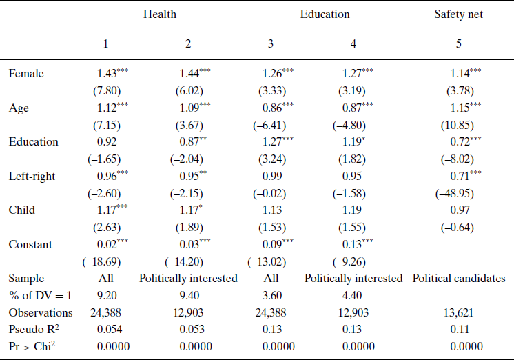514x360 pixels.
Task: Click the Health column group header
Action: pos(160,14)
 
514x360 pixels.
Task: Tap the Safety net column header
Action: pos(458,14)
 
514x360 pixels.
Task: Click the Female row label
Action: pos(24,73)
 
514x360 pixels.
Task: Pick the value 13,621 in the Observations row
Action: pos(458,312)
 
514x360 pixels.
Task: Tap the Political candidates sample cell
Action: pos(458,279)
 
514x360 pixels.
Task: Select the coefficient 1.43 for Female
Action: pos(107,73)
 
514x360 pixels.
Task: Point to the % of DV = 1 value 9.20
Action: pos(106,295)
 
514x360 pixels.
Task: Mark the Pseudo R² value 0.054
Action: pos(106,329)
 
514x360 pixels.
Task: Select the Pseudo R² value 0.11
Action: pos(458,329)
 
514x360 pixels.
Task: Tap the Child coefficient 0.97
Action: pos(458,210)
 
